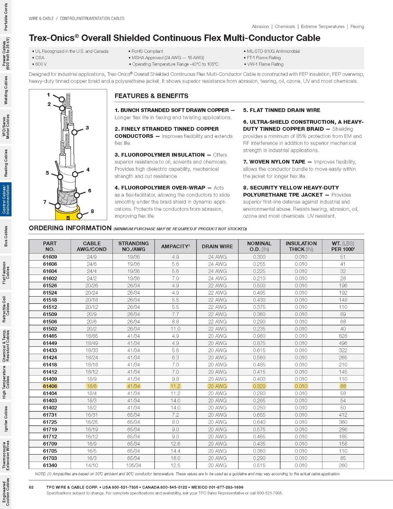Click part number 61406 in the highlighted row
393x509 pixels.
click(x=50, y=386)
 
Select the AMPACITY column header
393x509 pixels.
click(x=175, y=247)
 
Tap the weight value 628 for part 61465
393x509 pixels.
click(x=343, y=336)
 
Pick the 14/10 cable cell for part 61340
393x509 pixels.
click(x=92, y=465)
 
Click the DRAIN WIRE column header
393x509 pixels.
click(x=217, y=247)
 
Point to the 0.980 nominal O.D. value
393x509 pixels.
click(x=259, y=336)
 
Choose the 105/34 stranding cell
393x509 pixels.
click(x=134, y=465)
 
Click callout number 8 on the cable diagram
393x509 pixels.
click(x=92, y=211)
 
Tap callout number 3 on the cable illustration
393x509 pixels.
click(x=87, y=128)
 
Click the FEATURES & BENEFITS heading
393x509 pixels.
click(x=151, y=96)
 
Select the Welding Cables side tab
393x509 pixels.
click(x=6, y=90)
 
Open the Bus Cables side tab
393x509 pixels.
click(x=6, y=236)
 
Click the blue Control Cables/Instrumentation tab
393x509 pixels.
click(x=6, y=199)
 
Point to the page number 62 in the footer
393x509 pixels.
click(x=31, y=487)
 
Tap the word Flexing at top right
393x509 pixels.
click(x=357, y=27)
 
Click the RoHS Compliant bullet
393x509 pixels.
click(x=147, y=51)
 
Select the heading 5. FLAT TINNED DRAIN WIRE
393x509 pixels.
click(x=282, y=110)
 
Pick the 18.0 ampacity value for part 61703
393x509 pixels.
click(x=175, y=458)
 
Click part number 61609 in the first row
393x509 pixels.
click(x=50, y=257)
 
